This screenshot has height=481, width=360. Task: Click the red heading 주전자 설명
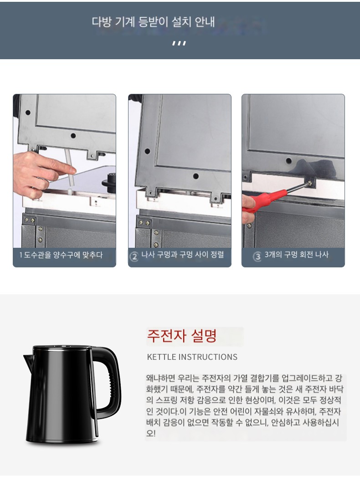click(x=182, y=336)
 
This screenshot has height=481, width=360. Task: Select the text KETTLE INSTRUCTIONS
click(x=192, y=357)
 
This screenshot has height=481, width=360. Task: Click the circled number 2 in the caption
click(x=134, y=256)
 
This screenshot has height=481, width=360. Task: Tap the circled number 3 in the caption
click(x=257, y=256)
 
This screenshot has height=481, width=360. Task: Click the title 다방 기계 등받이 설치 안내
click(x=153, y=22)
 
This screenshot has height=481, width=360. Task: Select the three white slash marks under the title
click(x=179, y=43)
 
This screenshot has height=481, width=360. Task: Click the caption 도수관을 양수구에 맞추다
click(x=63, y=255)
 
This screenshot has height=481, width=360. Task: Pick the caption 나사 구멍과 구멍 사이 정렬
click(x=183, y=255)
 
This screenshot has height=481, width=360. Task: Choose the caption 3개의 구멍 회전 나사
click(x=297, y=255)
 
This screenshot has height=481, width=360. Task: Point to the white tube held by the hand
click(x=70, y=170)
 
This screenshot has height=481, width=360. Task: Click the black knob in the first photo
click(x=109, y=181)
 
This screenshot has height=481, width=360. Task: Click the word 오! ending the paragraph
click(x=151, y=434)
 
